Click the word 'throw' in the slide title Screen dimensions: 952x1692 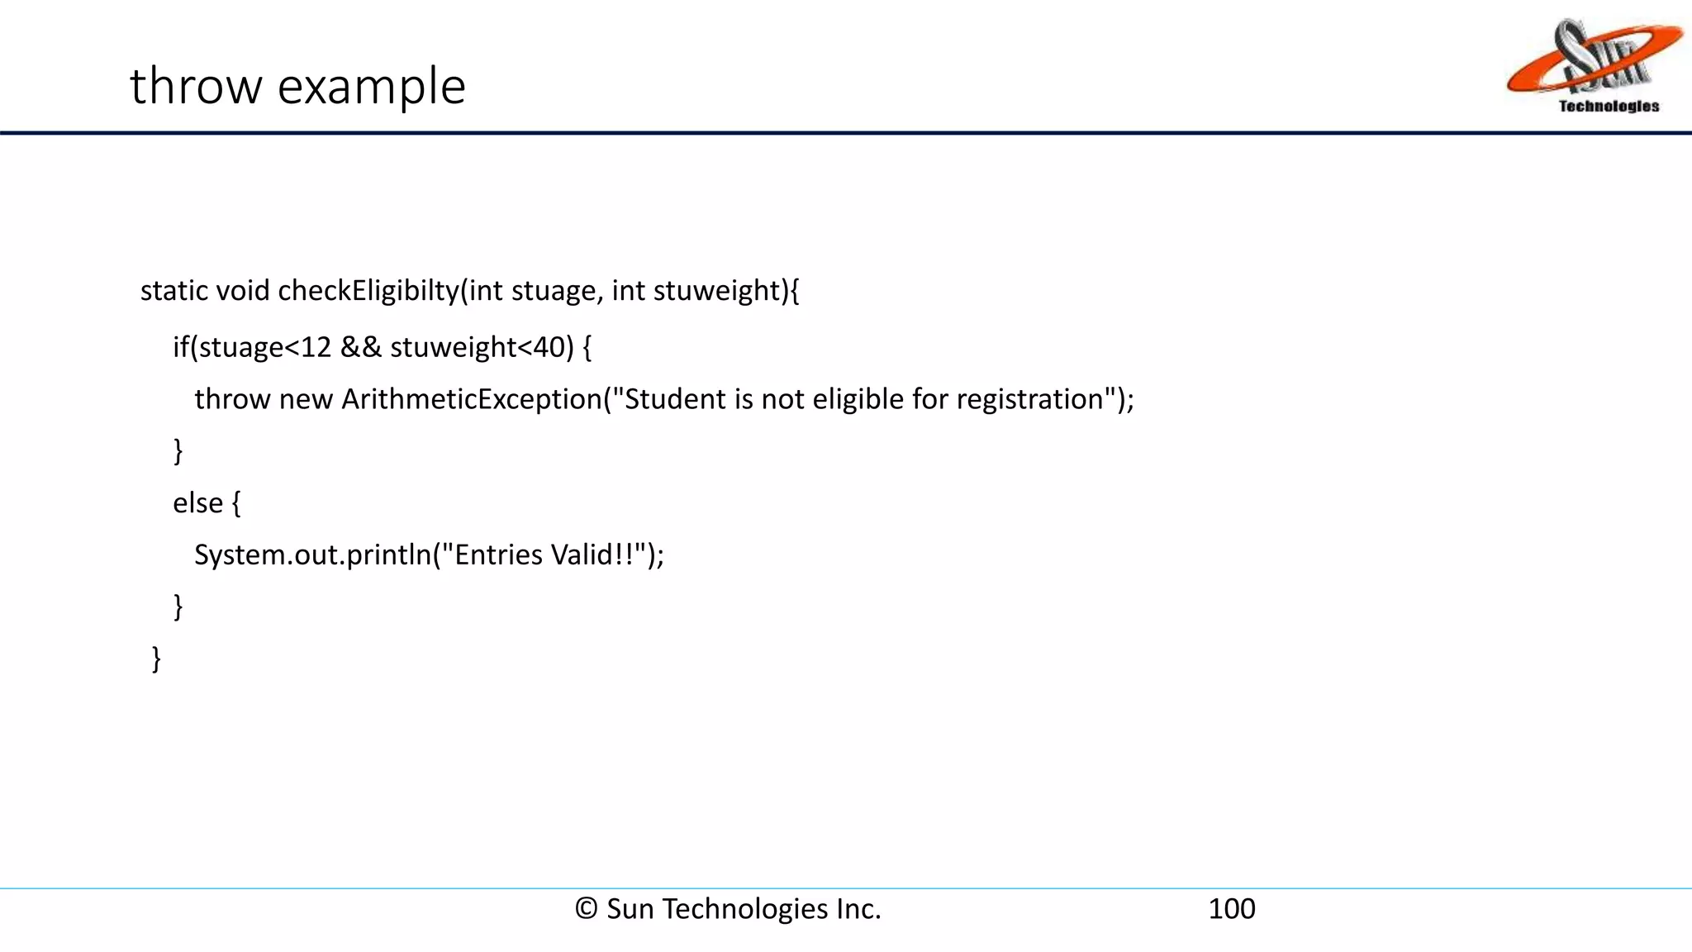click(x=197, y=86)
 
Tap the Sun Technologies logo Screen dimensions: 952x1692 click(x=1594, y=66)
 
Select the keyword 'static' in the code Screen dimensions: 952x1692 click(x=173, y=290)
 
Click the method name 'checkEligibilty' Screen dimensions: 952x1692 click(x=368, y=290)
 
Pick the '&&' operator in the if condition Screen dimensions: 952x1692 click(x=361, y=347)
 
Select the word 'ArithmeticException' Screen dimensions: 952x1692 click(x=472, y=399)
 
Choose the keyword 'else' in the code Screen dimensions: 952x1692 click(x=197, y=502)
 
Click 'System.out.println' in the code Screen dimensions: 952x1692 click(x=312, y=555)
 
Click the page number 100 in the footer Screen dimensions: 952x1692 click(x=1231, y=909)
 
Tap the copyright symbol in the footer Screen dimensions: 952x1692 click(x=586, y=909)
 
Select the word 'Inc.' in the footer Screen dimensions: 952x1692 click(x=858, y=909)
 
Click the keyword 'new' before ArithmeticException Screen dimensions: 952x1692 click(x=306, y=399)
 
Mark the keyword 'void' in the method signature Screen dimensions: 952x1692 click(x=242, y=290)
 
